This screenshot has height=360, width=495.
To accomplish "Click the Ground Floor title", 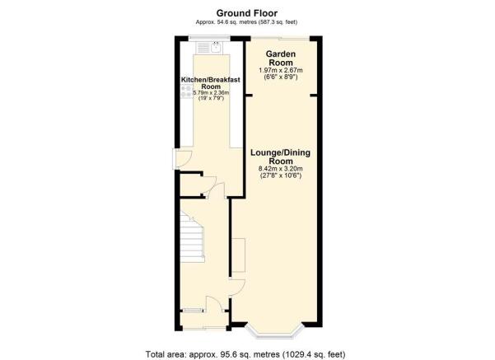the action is tap(247, 13).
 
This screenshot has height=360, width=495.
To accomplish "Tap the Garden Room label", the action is tap(281, 58).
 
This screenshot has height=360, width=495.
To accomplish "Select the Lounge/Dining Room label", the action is tap(280, 157).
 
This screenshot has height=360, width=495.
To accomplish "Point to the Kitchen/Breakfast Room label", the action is tap(211, 83).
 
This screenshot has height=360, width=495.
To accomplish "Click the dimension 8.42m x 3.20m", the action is tap(281, 169).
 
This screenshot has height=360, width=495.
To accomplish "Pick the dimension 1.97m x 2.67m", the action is tap(281, 70).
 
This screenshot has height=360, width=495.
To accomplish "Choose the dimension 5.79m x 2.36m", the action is tap(211, 93).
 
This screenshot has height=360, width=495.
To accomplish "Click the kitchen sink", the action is tap(209, 48).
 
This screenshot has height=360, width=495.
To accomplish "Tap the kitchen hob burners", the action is tap(186, 91).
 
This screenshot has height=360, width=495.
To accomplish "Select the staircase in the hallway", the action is tap(192, 237).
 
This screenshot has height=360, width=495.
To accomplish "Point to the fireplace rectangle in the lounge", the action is tap(239, 255).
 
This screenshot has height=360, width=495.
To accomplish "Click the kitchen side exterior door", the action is tap(183, 159).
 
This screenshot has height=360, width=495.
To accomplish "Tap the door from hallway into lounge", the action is tap(237, 288).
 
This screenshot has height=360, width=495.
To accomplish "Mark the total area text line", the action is tap(245, 354).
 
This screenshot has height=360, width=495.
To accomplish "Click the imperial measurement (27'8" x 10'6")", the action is tap(281, 175).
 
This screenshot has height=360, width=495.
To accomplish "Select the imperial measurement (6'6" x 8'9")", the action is tap(281, 77).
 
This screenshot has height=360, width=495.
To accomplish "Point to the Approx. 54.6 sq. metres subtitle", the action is tap(246, 22).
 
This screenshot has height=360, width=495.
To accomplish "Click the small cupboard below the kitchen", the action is tap(192, 185).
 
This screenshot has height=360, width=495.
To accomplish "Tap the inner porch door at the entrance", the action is tap(215, 304).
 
